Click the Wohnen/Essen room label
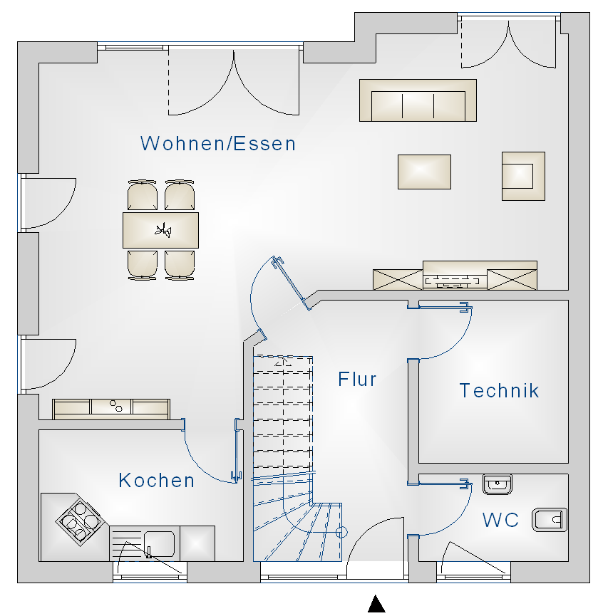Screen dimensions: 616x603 [x=218, y=144]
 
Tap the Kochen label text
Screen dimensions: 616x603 [x=157, y=481]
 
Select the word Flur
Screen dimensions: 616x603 [x=357, y=380]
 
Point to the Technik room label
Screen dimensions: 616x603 [x=499, y=391]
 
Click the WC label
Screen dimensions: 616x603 [x=500, y=521]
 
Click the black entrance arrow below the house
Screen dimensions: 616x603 [x=376, y=605]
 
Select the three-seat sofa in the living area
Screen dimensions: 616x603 [x=418, y=100]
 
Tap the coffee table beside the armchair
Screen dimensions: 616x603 [x=424, y=172]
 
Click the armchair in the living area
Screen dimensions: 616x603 [x=522, y=175]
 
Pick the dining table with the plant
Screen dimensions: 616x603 [x=160, y=230]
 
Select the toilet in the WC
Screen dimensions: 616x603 [x=550, y=520]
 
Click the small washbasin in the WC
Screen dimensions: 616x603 [x=497, y=485]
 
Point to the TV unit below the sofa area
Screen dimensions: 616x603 [x=455, y=276]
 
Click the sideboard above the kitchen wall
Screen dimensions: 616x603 [x=111, y=408]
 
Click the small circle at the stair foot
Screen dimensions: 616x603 [x=341, y=531]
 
